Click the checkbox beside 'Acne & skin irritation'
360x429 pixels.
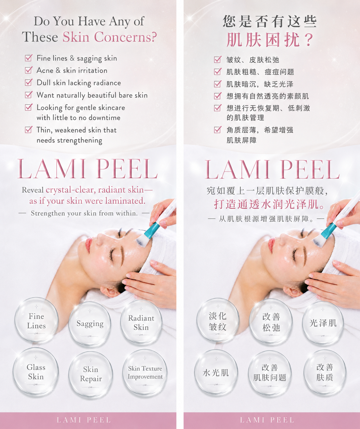pos(29,70)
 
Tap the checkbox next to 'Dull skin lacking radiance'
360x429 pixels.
pos(29,82)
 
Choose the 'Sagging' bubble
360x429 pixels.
pos(90,324)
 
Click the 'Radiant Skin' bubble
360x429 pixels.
pos(141,322)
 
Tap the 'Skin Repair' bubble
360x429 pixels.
pos(91,374)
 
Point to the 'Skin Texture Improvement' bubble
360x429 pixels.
pos(145,372)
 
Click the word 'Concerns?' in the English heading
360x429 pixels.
pos(125,37)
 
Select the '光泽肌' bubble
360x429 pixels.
pos(323,323)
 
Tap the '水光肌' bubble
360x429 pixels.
pos(216,372)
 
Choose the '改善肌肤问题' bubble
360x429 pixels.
pos(270,373)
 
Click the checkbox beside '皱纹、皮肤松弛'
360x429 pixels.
pos(218,59)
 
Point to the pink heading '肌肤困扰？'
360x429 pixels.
pos(270,40)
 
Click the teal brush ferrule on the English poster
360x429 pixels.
pos(152,230)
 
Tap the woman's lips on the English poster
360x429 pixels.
pos(89,244)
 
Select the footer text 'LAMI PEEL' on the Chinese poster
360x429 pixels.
pos(267,420)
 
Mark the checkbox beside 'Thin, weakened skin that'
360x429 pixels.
pos(29,129)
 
